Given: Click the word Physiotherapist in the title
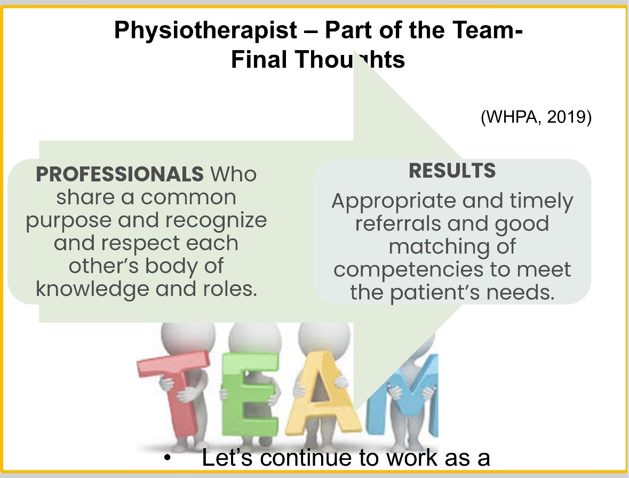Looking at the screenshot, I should point(205,31).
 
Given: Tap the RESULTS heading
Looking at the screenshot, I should point(452,171).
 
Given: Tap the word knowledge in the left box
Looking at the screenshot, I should point(86,289).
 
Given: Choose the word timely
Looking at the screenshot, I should point(538,201).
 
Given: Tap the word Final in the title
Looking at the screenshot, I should point(258,60).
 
